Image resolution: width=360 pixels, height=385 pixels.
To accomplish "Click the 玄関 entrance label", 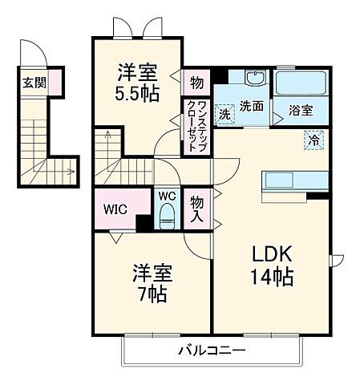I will (33, 82).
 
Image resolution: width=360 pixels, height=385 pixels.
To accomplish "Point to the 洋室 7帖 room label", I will (148, 284).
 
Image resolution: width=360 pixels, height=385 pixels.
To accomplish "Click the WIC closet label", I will (114, 210).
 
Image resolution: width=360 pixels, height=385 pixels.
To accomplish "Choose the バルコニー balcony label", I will (211, 351).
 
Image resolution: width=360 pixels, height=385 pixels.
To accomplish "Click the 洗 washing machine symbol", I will (226, 113).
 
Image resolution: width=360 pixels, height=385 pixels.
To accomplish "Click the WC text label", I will (166, 195).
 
